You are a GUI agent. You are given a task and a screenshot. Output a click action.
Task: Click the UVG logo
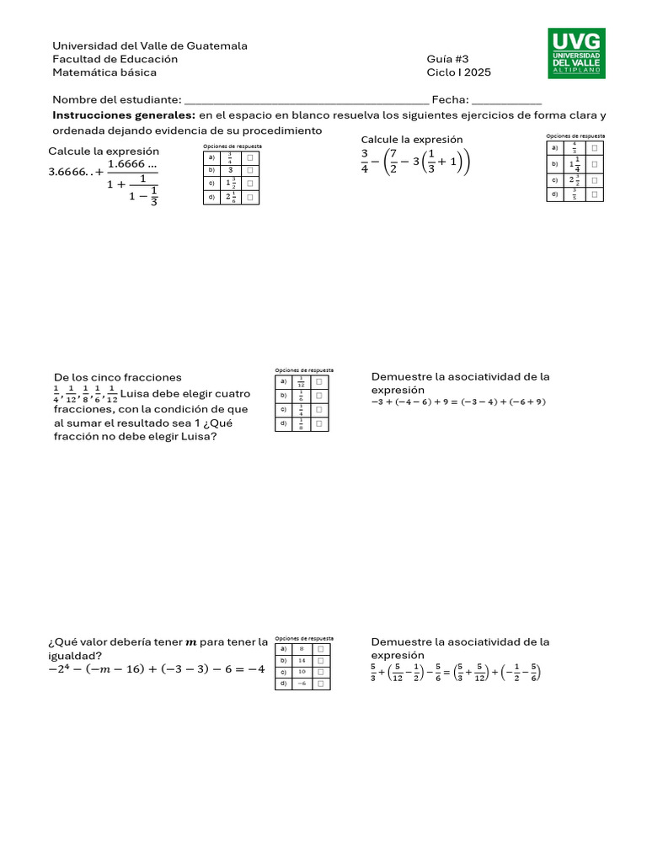pyautogui.click(x=577, y=53)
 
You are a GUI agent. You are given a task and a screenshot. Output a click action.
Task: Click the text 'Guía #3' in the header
pyautogui.click(x=447, y=59)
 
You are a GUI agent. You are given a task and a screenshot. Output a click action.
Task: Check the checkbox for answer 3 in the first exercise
pyautogui.click(x=250, y=169)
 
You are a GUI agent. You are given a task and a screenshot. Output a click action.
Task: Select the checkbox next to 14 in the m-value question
pyautogui.click(x=322, y=661)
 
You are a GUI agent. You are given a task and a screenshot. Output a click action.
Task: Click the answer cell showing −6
pyautogui.click(x=302, y=684)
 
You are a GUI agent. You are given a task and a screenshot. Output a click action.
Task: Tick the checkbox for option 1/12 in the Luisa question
pyautogui.click(x=319, y=381)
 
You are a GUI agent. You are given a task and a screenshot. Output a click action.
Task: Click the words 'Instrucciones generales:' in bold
pyautogui.click(x=124, y=114)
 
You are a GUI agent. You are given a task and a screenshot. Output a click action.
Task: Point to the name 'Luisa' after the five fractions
pyautogui.click(x=137, y=394)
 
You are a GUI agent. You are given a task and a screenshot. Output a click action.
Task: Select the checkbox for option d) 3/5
pyautogui.click(x=595, y=194)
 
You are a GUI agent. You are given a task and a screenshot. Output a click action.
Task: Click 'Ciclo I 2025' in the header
pyautogui.click(x=458, y=72)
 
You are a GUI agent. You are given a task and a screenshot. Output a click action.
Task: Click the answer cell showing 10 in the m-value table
pyautogui.click(x=302, y=672)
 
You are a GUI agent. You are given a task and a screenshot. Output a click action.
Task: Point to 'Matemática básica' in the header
pyautogui.click(x=99, y=72)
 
